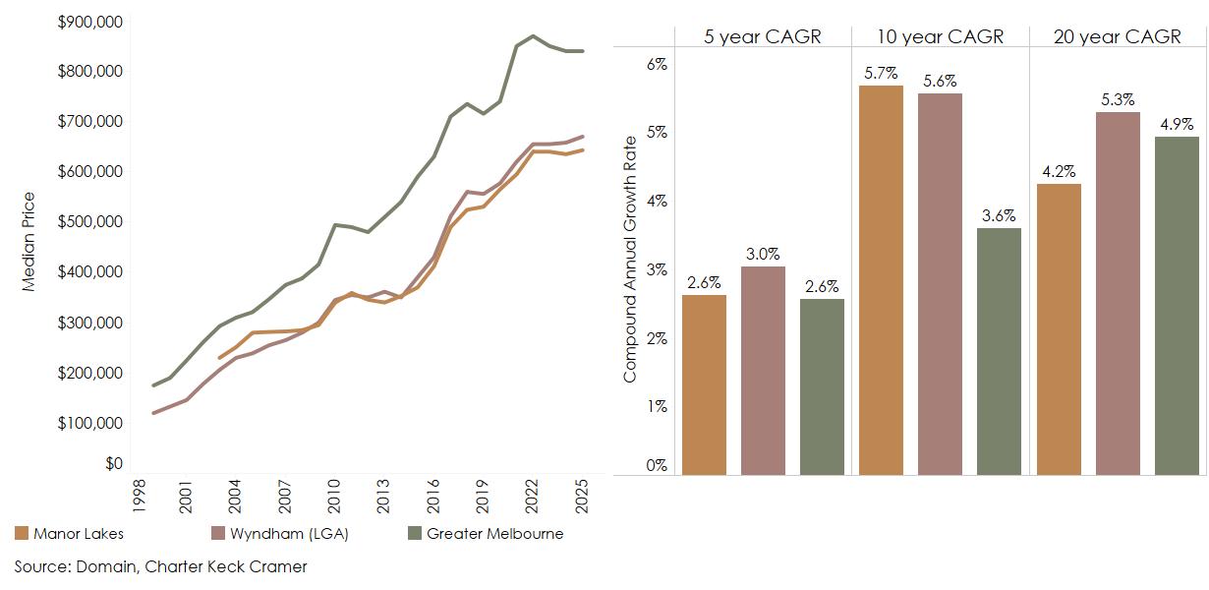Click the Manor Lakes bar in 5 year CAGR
point(704,384)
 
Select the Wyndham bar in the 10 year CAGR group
point(941,284)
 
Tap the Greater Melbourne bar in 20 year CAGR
point(1177,305)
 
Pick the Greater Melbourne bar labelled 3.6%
point(1000,351)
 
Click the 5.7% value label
point(881,74)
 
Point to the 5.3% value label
point(1118,100)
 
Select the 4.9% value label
point(1177,125)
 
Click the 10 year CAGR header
point(941,37)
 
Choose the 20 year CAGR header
point(1118,37)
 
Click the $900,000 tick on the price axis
point(89,22)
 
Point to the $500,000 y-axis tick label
point(89,222)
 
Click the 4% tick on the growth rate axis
point(656,201)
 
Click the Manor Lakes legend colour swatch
point(22,534)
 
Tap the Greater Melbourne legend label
point(494,534)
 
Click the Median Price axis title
point(29,241)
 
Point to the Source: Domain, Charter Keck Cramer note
point(160,566)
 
